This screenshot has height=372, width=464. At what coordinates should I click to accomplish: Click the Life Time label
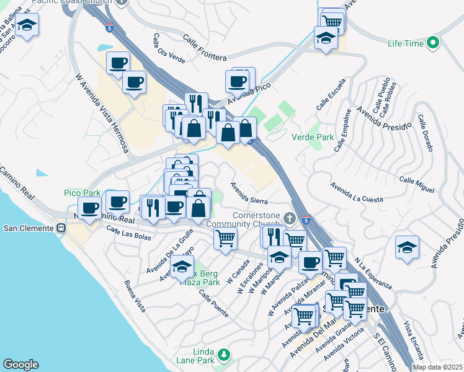pos(405,43)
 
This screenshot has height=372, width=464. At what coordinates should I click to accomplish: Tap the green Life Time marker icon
pos(432,43)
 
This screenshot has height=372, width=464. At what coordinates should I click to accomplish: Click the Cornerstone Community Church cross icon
pos(290,218)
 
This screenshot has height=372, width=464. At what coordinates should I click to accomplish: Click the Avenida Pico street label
pos(249,94)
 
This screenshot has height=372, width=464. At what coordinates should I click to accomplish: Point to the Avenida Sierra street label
pos(249,192)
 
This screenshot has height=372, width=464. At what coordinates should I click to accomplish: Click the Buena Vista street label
pos(135,296)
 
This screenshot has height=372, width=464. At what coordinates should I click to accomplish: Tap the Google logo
pos(20,365)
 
